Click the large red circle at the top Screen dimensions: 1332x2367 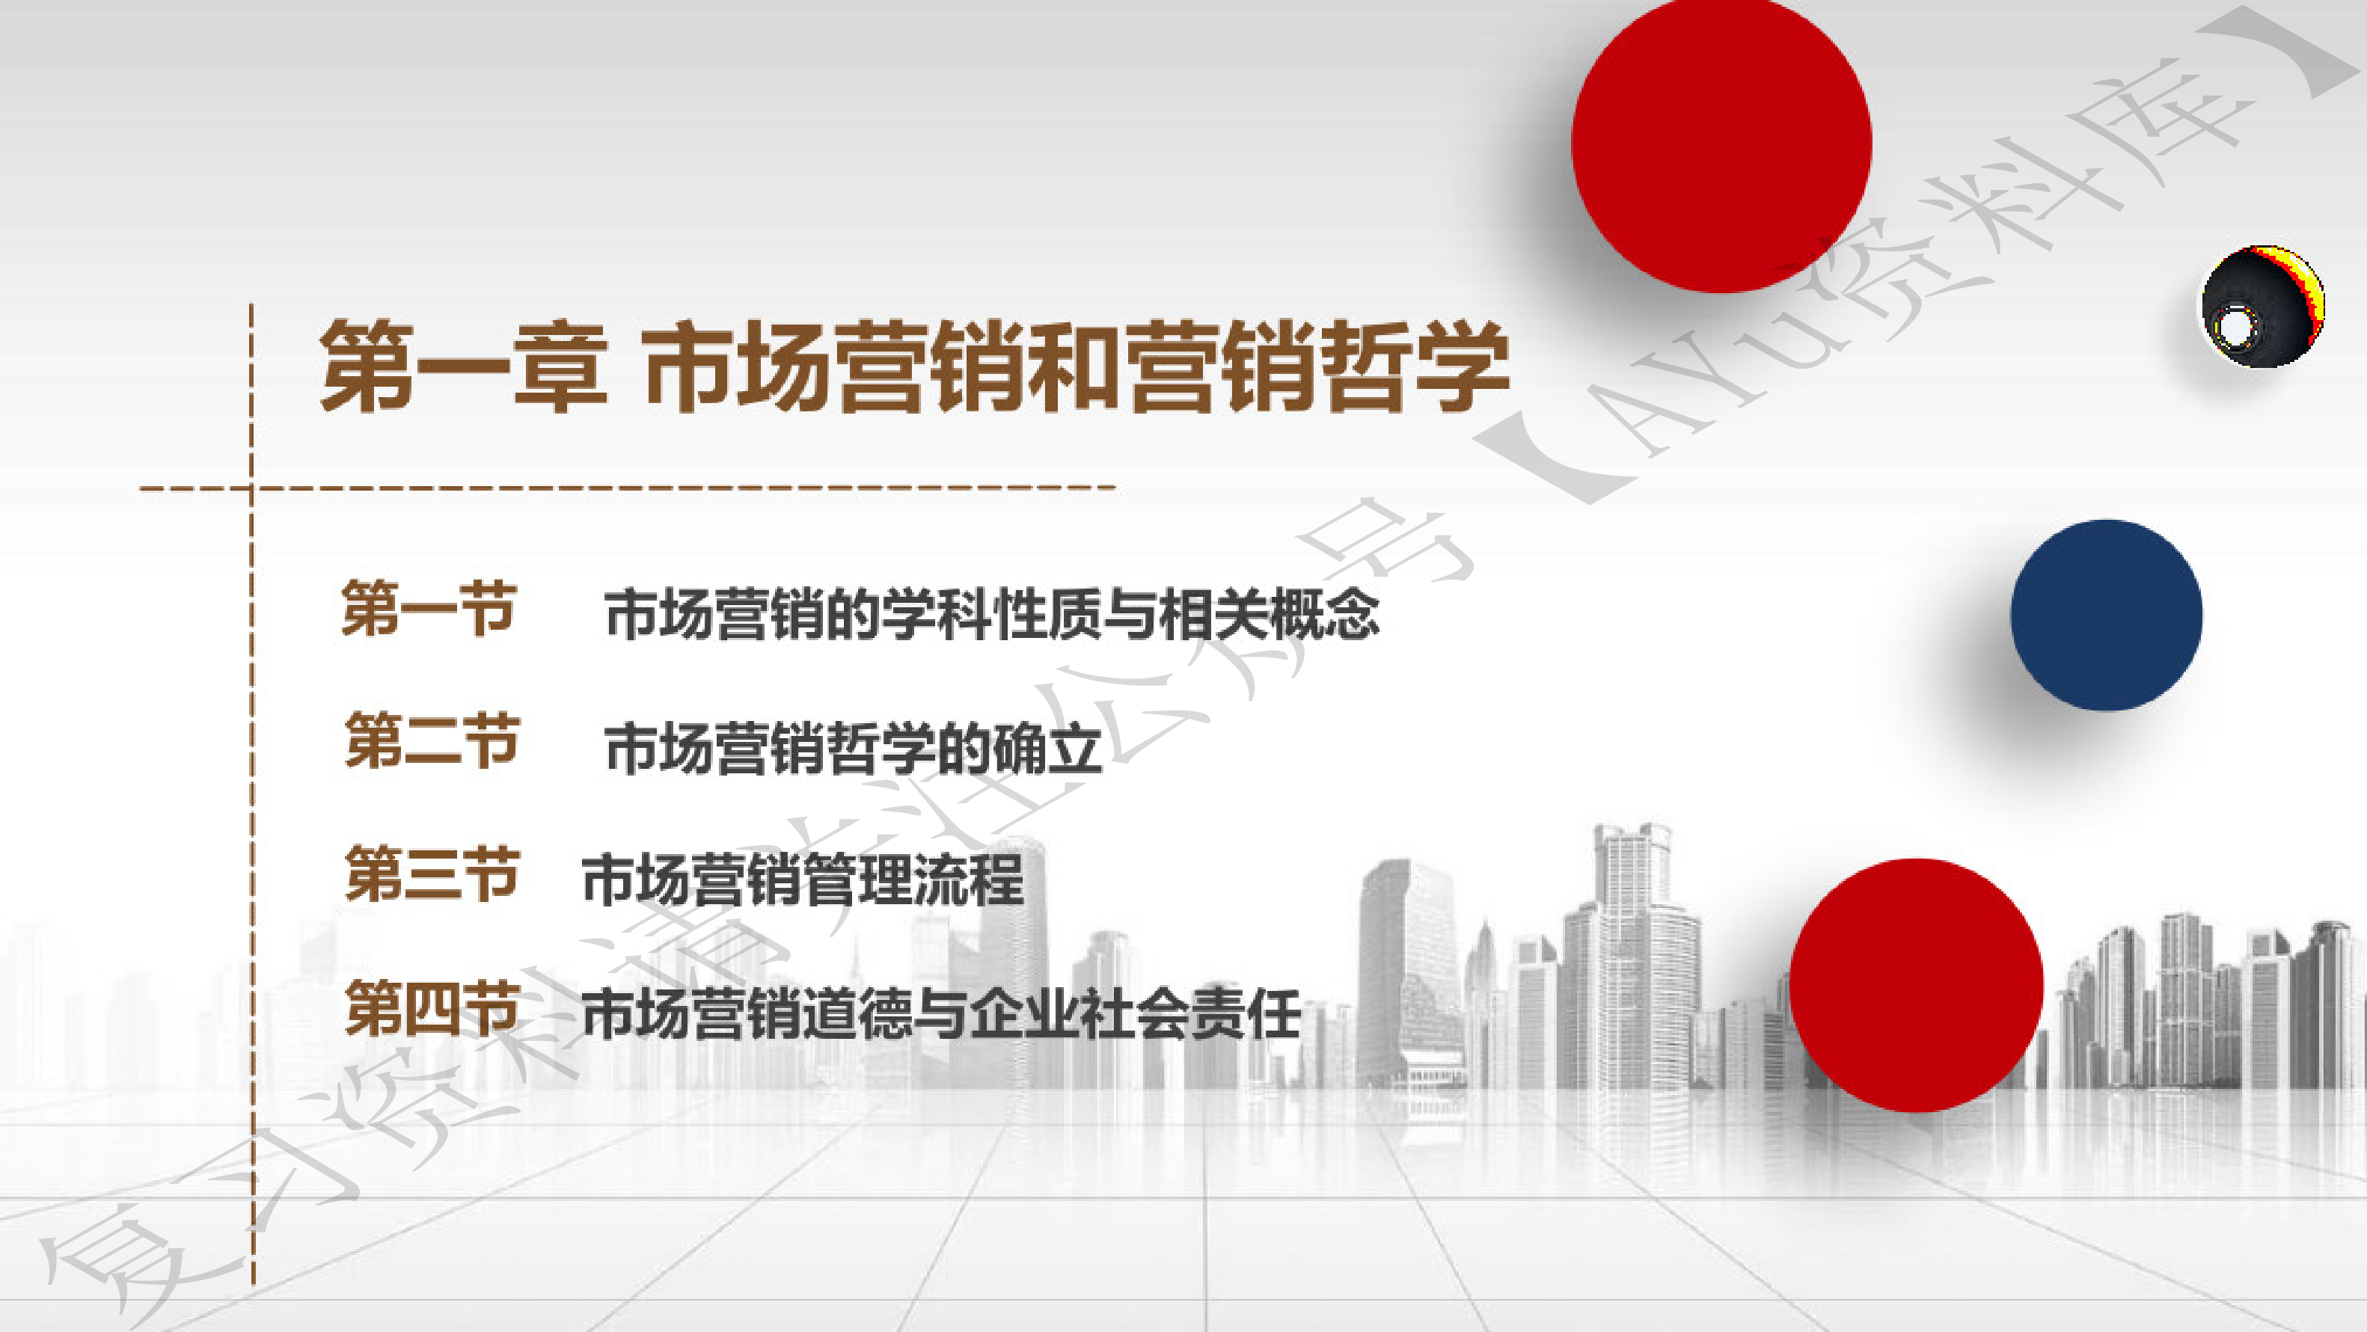1721,144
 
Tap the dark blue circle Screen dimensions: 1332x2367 2106,615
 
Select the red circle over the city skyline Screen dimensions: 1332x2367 1916,985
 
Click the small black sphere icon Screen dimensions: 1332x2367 2262,307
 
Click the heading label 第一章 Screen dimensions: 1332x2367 463,366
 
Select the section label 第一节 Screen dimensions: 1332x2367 428,608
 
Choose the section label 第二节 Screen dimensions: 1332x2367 431,740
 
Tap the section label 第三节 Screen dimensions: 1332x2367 431,874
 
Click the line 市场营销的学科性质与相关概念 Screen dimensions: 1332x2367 993,613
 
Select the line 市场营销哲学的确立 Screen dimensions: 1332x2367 854,748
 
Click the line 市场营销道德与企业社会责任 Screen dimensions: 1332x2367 941,1014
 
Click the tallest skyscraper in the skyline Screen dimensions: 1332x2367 1631,955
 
